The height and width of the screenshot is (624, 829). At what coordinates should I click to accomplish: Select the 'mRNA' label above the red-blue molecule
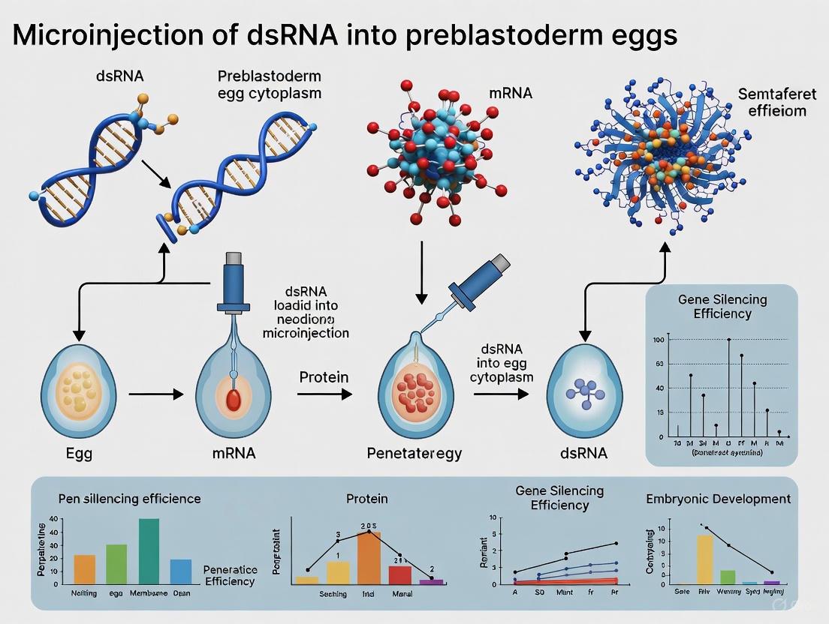(510, 94)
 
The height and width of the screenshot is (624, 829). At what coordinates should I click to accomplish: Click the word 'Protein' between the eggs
(324, 376)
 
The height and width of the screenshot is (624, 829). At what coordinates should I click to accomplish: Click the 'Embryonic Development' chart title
(718, 499)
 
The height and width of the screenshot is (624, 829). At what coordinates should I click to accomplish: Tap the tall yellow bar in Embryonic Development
(704, 558)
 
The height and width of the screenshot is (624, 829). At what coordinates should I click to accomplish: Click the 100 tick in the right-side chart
(659, 340)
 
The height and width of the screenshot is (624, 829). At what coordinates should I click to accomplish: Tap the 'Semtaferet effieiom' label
(771, 103)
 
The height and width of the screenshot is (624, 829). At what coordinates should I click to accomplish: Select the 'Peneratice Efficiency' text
(230, 575)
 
